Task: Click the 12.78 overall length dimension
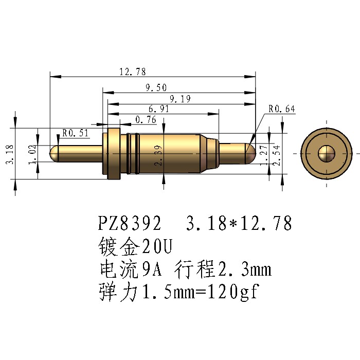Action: [133, 71]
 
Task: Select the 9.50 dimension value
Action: [156, 87]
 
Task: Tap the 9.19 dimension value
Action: [180, 99]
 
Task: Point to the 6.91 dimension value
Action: [159, 109]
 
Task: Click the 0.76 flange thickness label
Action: [146, 120]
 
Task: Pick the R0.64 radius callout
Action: [282, 109]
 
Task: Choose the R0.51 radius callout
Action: [75, 133]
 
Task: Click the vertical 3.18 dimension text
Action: [10, 154]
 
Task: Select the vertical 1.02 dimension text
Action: [32, 154]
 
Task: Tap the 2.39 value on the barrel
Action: [158, 155]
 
